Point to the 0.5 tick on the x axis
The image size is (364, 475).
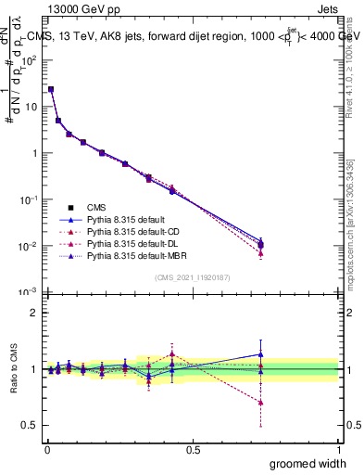(193, 449)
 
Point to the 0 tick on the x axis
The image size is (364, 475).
(47, 449)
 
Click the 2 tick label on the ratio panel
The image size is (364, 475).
(34, 313)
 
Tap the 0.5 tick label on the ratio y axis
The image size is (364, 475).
(31, 426)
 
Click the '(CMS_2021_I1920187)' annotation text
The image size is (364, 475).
(193, 277)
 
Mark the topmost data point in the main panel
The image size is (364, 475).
(51, 90)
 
